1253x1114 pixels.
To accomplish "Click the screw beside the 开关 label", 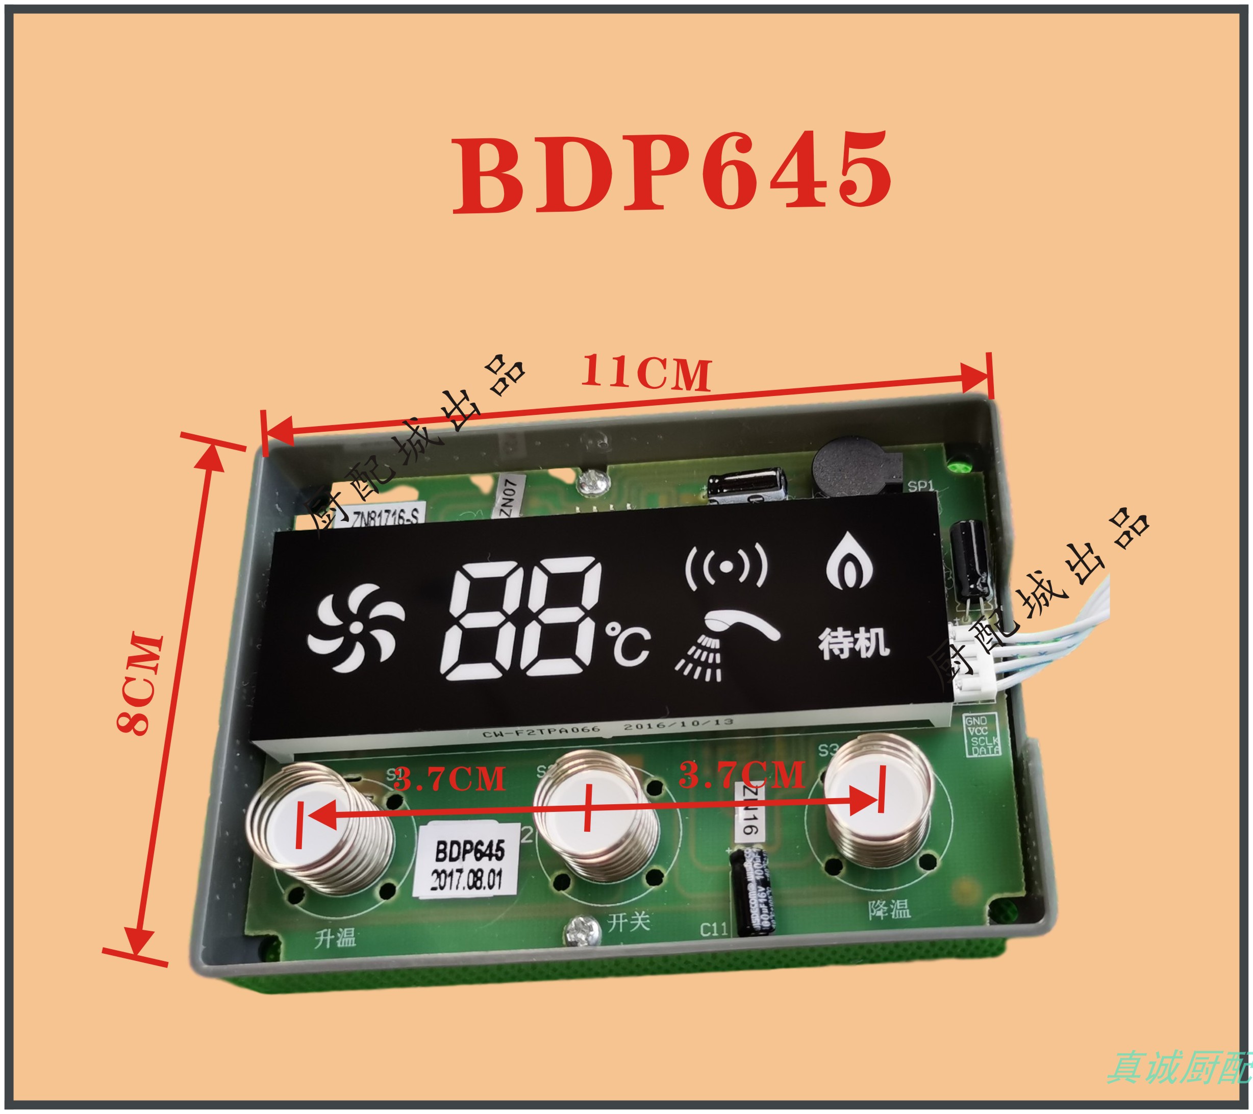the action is (579, 931).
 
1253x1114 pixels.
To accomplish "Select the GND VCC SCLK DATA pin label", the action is (982, 735).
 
